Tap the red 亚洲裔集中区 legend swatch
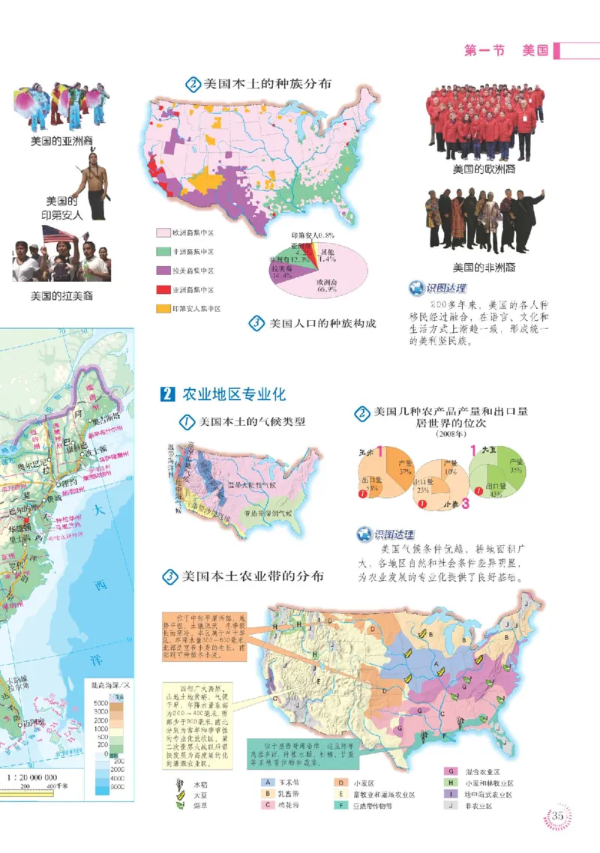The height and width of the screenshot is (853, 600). [x=163, y=289]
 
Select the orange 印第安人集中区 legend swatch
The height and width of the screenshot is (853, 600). [x=163, y=308]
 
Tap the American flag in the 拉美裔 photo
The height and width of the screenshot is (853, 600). [x=58, y=235]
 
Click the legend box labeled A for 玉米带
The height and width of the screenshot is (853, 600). [x=266, y=782]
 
